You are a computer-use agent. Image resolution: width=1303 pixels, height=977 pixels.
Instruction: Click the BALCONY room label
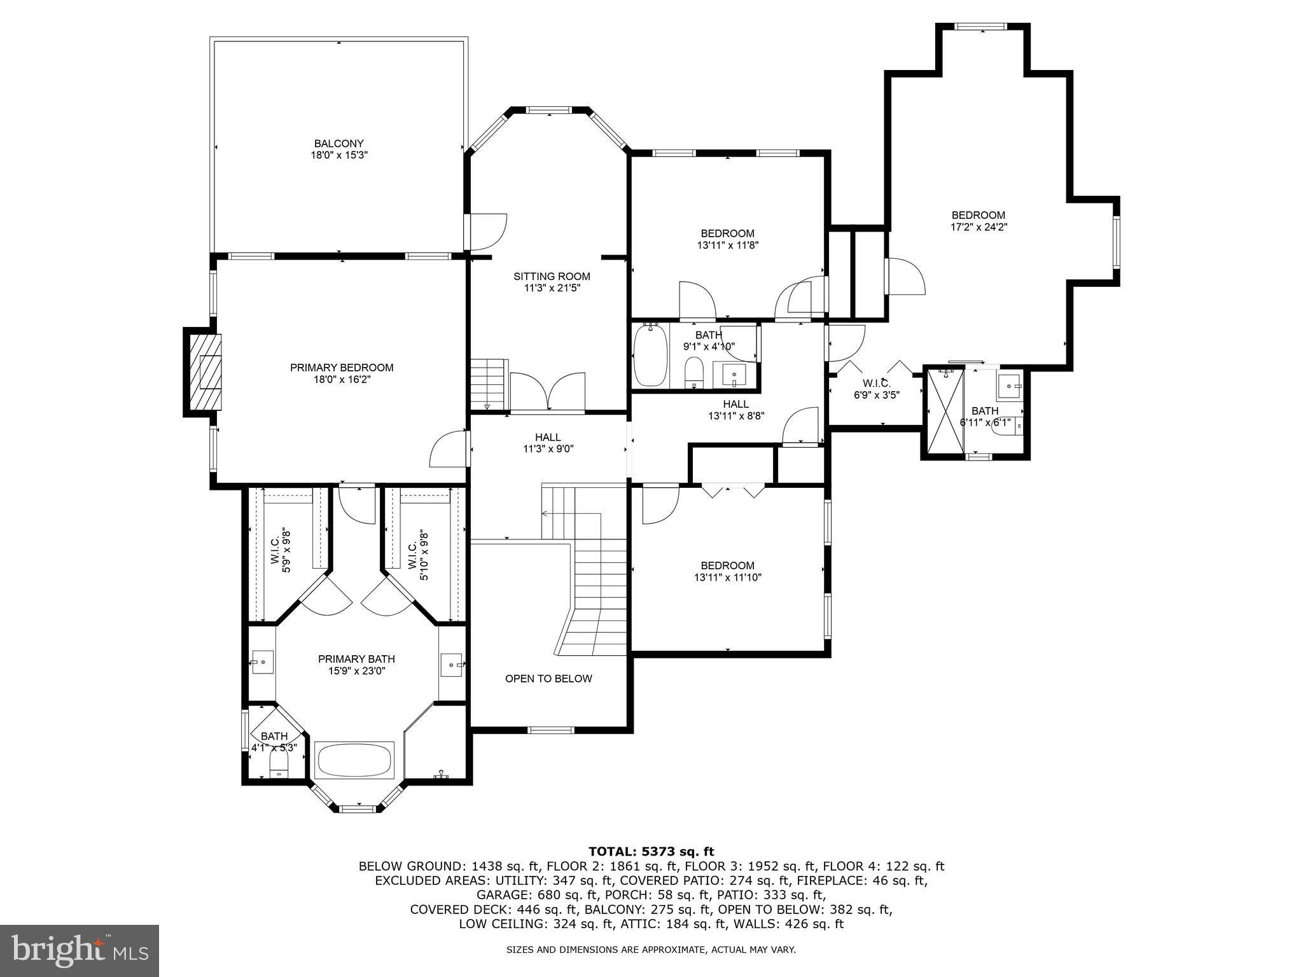point(339,144)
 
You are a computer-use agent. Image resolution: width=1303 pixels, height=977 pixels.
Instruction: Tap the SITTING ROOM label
point(552,277)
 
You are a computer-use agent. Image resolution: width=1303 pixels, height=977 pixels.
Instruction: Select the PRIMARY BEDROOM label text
point(342,368)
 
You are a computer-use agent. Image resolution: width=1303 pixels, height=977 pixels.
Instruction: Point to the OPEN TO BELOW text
point(548,679)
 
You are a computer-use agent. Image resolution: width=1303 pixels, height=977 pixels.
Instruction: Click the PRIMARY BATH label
point(356,659)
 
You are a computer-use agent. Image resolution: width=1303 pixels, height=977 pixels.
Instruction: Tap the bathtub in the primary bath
point(354,759)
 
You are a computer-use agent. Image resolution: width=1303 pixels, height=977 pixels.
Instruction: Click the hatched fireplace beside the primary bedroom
point(204,372)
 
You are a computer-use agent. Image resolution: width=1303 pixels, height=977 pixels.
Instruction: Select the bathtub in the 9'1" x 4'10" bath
point(650,356)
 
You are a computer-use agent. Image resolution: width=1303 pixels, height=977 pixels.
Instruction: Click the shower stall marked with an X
point(945,411)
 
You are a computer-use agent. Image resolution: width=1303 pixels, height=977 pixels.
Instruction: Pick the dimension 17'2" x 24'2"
point(979,227)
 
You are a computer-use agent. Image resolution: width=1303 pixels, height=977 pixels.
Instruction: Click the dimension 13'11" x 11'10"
point(728,578)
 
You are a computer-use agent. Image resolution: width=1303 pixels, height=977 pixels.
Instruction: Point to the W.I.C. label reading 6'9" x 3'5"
point(876,389)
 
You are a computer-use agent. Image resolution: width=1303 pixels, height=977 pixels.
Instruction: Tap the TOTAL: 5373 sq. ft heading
point(651,852)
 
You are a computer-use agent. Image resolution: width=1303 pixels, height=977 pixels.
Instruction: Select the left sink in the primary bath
point(262,662)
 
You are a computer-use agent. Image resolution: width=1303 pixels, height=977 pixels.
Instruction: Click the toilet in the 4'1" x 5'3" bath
point(279,765)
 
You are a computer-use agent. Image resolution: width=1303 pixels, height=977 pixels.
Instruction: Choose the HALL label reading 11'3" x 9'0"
point(548,443)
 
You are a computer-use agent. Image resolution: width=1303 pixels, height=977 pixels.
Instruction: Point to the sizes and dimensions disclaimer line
point(651,950)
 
